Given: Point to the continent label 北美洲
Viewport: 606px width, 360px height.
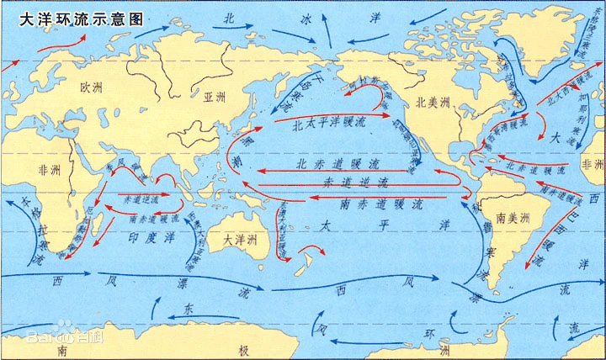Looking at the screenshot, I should tap(433, 103).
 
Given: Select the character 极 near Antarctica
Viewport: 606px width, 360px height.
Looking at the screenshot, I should tap(243, 348).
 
